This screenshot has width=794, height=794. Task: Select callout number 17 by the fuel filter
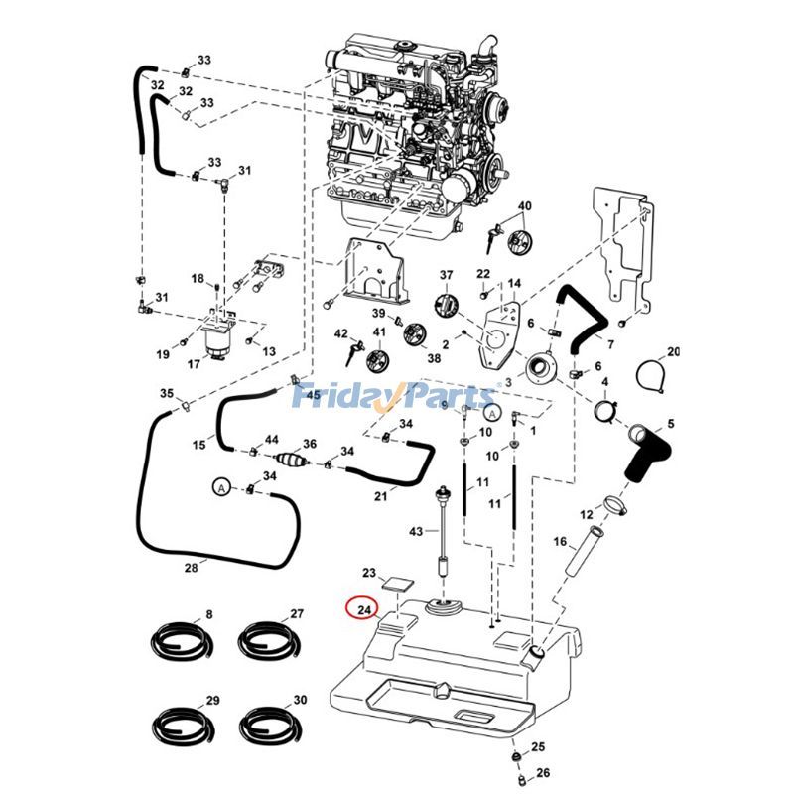point(194,364)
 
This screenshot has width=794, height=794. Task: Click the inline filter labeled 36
point(290,462)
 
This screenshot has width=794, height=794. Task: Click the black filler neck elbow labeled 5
point(645,458)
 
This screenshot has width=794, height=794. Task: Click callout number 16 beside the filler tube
point(560,541)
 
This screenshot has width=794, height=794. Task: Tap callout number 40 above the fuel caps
point(525,206)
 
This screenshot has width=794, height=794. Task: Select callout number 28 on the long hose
point(192,567)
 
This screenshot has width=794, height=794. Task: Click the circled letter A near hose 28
point(221,487)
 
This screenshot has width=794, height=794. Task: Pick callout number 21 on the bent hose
point(380,496)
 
